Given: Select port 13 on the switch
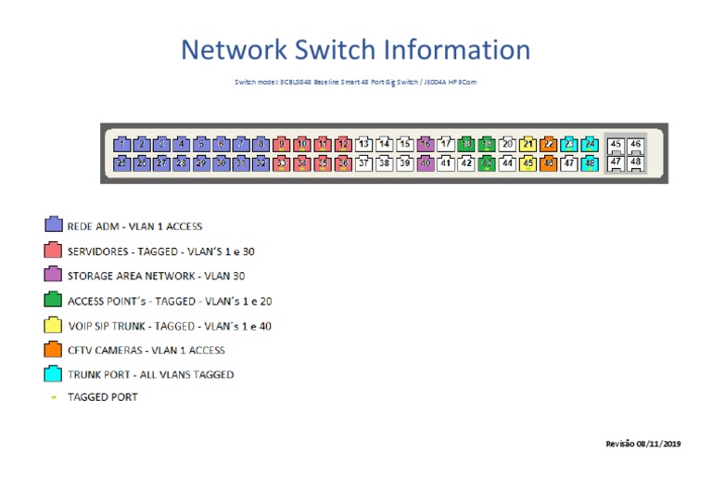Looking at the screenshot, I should coord(364,144).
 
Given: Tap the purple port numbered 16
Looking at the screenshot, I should coord(426,144).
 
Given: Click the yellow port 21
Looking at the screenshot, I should coord(528,144).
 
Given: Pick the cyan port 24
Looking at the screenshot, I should coord(589,144).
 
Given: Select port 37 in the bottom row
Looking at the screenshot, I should coord(364,163).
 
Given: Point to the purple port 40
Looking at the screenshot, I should coord(426,163).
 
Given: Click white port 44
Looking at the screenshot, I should coord(507,163).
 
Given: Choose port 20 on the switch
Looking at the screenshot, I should coord(507,144).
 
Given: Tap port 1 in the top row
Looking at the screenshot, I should coord(121,144).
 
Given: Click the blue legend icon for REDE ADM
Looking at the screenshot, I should coord(54,226).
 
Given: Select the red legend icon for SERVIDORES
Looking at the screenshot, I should coord(54,251).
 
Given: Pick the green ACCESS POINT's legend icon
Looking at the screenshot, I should coord(54,301).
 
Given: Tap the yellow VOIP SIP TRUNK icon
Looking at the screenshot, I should coord(54,326).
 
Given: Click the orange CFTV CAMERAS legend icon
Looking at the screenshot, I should coord(54,350).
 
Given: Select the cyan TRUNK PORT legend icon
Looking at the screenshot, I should coord(54,375).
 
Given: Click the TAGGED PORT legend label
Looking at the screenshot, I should coord(102,397).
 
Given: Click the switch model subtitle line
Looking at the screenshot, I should coord(356,83).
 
